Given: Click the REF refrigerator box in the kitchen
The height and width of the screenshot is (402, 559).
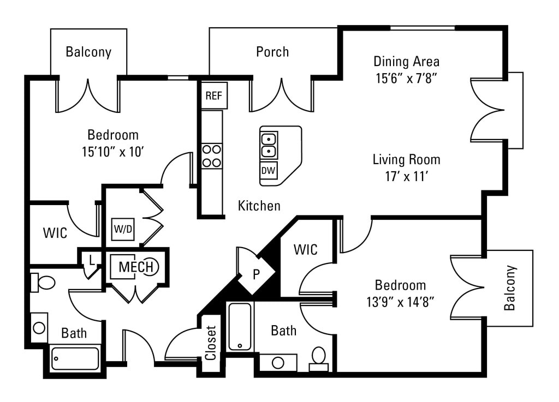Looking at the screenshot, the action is point(214,96).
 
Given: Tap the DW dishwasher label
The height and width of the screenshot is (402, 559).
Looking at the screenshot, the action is point(268,170).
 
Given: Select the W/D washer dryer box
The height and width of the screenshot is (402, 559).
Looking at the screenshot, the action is point(123,229).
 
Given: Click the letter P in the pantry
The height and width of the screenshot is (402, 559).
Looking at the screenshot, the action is point(255,274).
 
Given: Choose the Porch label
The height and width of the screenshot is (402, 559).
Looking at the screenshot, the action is point(272,52).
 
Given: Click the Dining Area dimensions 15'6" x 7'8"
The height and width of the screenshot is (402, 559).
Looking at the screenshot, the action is point(407,78).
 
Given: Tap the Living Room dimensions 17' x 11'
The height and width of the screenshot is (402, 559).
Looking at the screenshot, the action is point(407,176).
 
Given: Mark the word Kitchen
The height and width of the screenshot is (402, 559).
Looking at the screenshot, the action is point(259,206).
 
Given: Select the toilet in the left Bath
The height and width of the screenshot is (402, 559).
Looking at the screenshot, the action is point(44,282).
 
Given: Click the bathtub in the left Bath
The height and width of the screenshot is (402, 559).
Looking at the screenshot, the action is point(75,358).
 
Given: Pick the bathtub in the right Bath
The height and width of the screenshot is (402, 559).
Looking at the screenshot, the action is point(240,326).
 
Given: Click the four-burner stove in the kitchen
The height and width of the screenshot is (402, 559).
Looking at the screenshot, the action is point(212,155).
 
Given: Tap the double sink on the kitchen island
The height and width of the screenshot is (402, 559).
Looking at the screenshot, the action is point(269,144).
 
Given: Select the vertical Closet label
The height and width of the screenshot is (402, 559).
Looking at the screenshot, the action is point(211,343).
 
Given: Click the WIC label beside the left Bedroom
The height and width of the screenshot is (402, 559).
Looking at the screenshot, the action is point(55,233).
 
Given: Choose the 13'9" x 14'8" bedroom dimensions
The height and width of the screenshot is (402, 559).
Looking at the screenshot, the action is point(401,302).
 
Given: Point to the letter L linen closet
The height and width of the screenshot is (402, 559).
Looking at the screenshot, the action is point(92,259).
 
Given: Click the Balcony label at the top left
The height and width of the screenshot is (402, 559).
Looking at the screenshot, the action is point(88,52).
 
